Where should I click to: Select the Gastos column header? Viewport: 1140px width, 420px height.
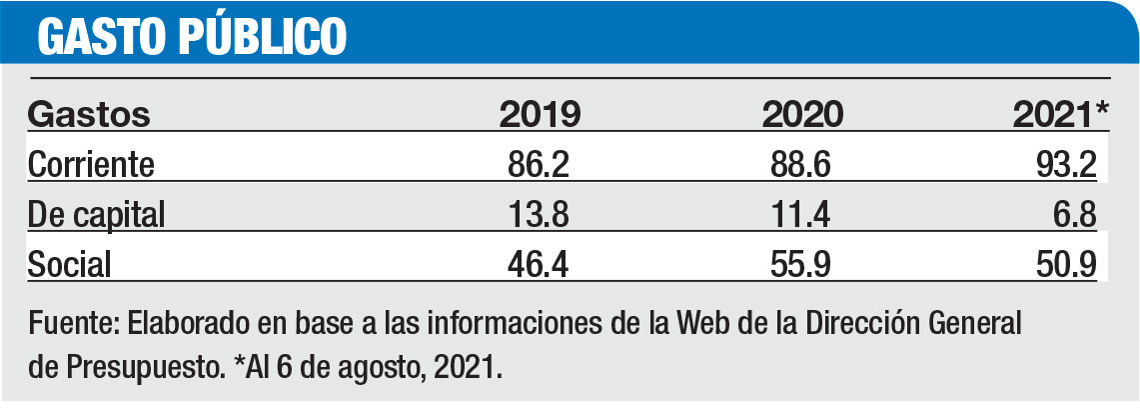[x=89, y=114]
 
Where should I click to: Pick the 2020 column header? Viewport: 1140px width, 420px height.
[x=802, y=114]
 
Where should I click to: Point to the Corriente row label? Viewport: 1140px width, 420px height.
[x=92, y=164]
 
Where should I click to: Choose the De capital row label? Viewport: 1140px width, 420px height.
[x=95, y=214]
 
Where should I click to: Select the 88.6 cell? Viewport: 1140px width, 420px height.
[x=802, y=164]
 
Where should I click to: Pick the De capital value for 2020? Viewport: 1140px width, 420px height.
[x=802, y=214]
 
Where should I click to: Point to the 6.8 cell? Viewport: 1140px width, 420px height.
[x=1077, y=214]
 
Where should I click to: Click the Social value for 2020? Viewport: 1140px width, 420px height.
[x=802, y=264]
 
